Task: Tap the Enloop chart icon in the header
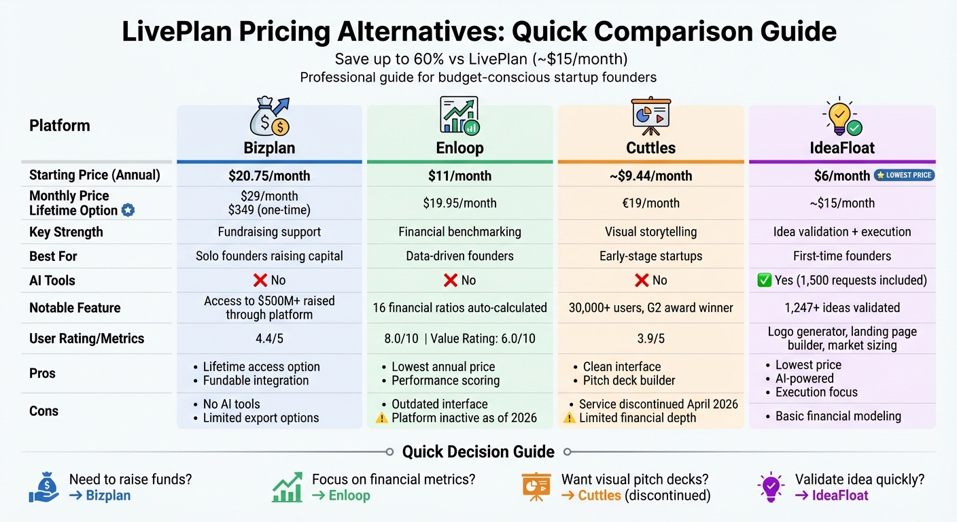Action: coord(459,116)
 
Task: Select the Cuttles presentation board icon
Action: coord(650,116)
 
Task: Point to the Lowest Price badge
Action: coord(904,175)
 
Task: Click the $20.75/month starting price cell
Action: coord(269,176)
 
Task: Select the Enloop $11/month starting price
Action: coord(459,176)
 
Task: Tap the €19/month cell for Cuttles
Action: coord(650,203)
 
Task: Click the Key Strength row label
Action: coord(66,232)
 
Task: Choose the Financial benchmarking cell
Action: coord(459,232)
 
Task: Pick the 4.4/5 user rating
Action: coord(269,338)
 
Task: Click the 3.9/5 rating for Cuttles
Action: coord(650,338)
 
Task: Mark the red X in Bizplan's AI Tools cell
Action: coord(258,280)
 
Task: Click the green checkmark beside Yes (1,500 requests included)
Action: coord(765,280)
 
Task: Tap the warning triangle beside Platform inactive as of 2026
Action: coord(381,417)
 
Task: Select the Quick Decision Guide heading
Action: coord(478,452)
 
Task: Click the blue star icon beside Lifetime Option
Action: coord(127,211)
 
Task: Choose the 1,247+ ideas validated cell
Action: coord(841,308)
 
